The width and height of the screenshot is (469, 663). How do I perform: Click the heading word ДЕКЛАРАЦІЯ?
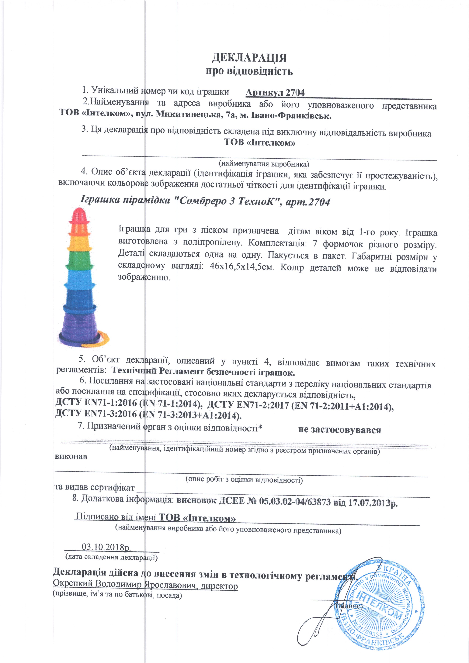pyautogui.click(x=249, y=58)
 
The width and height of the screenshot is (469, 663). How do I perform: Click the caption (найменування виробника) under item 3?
pyautogui.click(x=264, y=164)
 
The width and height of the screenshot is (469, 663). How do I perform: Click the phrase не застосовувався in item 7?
pyautogui.click(x=339, y=430)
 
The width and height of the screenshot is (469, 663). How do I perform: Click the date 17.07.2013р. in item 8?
pyautogui.click(x=373, y=503)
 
